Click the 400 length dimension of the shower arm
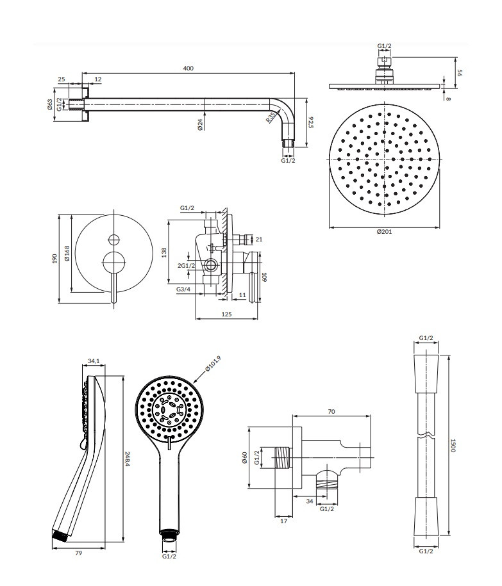coord(188,68)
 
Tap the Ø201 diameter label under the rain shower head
coord(385,231)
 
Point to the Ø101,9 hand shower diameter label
coord(213,364)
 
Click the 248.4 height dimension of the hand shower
coord(128,457)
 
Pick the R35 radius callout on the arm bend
coord(272,117)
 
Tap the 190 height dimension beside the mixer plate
coord(55,257)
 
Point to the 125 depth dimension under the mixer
coord(226,314)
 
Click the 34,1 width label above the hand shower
coord(94,362)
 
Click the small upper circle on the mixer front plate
coord(115,240)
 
